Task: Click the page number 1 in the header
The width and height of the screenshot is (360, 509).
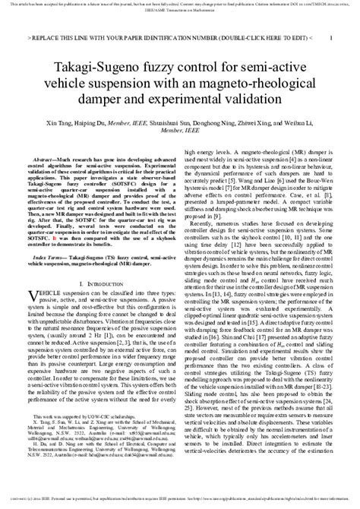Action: [327, 36]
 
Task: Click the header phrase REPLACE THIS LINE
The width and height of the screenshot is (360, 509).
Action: [77, 36]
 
